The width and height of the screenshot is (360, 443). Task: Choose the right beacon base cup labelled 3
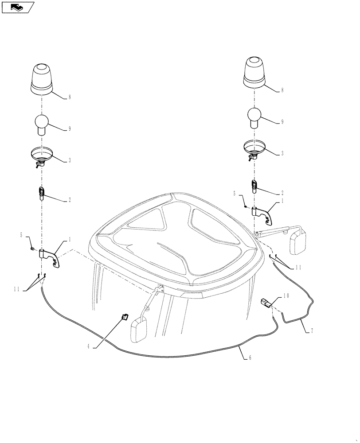(x=254, y=148)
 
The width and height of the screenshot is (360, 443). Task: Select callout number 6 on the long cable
(x=250, y=358)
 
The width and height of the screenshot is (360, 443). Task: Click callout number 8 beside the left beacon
(x=70, y=97)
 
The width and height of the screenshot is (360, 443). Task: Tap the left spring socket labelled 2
(x=41, y=194)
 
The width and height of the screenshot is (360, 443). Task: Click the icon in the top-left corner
(x=18, y=7)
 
